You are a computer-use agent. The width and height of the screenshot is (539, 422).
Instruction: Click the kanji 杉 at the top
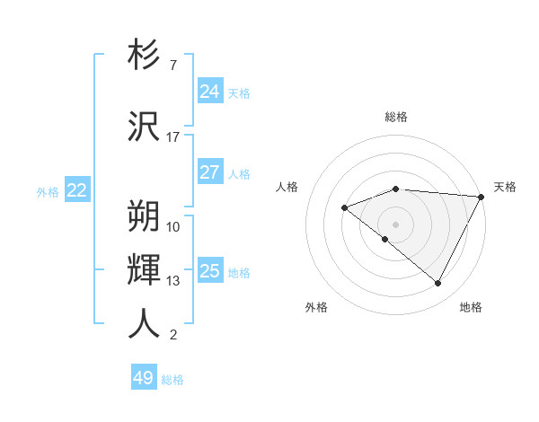pos(144,56)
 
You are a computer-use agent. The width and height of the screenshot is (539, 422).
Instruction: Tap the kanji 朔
pos(144,215)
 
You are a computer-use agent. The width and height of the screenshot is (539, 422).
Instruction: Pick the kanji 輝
pos(144,270)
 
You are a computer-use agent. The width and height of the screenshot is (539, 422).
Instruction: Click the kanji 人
pos(144,324)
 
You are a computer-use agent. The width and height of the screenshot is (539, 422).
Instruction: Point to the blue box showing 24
pos(209,92)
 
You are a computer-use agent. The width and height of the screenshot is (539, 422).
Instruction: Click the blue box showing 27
pos(209,172)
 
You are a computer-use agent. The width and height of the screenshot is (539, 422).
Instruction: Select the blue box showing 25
pos(209,271)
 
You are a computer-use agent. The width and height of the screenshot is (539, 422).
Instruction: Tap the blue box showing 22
pos(76,190)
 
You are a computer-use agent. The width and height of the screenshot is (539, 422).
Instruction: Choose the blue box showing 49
pos(144,378)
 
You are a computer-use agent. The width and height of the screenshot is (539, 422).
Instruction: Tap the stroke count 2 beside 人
pos(172,335)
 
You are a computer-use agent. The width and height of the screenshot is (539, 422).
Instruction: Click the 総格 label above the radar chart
pos(396,117)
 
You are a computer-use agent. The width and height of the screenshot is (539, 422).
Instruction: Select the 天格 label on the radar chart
pos(505,187)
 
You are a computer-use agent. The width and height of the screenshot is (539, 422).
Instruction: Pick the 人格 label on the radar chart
pos(287,187)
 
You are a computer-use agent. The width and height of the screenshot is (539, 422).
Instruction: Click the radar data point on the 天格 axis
pos(482,197)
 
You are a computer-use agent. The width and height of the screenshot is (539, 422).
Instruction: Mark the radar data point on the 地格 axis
pos(438,284)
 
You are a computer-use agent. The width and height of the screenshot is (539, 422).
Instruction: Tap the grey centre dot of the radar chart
pos(395,224)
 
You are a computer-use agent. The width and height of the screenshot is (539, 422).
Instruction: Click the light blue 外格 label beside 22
pos(48,191)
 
